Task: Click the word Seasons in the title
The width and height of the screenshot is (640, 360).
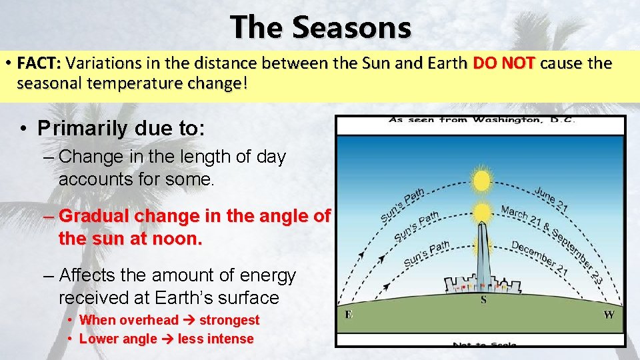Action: (351, 28)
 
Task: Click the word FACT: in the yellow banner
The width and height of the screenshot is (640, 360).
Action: (39, 64)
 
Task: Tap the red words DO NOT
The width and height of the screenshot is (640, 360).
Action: (503, 64)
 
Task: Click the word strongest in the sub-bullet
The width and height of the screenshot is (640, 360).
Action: (229, 320)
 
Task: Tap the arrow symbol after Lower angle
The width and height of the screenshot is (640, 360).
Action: (168, 339)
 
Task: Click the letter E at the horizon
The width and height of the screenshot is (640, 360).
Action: (349, 314)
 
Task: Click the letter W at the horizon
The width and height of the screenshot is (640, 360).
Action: (609, 314)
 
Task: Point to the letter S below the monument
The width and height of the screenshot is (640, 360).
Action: (483, 299)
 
